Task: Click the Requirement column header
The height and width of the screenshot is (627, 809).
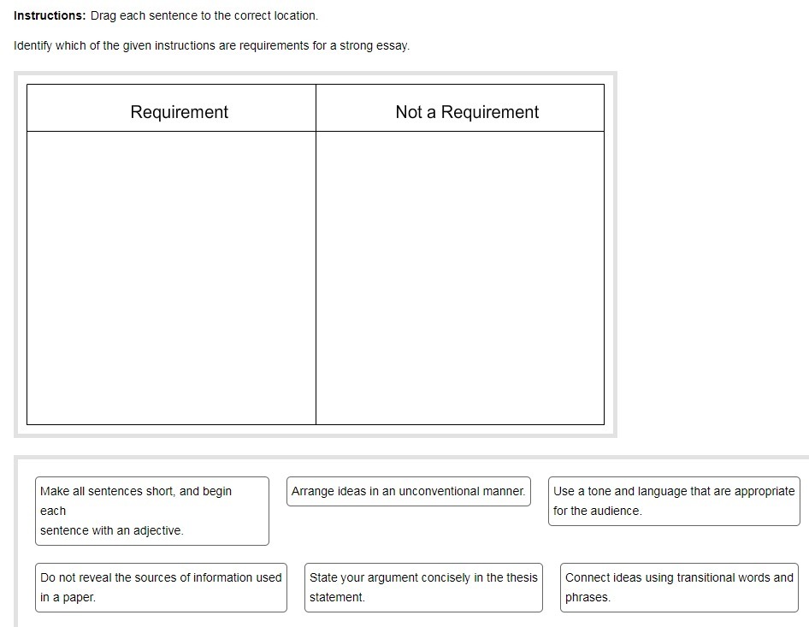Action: (179, 112)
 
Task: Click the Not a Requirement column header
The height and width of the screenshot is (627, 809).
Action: (467, 112)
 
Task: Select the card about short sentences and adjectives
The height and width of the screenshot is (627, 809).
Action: (151, 511)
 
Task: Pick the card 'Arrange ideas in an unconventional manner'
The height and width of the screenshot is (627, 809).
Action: (408, 491)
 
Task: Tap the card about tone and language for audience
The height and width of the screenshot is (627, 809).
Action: (674, 501)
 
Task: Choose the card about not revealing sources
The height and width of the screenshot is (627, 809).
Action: (161, 587)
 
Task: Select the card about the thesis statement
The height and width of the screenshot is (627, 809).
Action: (423, 587)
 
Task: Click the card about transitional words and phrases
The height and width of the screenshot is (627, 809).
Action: (679, 587)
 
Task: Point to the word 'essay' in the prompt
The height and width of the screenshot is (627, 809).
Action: (393, 45)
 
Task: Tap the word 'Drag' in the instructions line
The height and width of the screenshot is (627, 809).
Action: (103, 15)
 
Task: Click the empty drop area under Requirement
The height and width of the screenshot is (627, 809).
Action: (171, 277)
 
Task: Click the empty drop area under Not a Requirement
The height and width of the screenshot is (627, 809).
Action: (460, 277)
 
